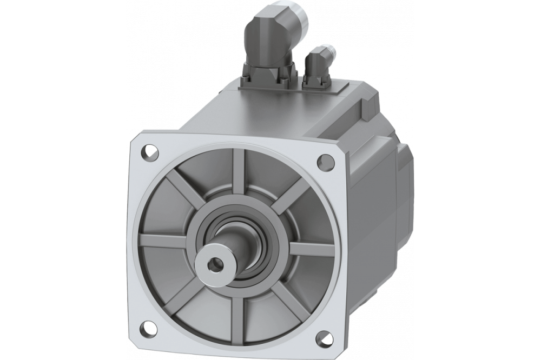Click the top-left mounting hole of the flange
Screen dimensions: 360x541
click(x=147, y=150)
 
